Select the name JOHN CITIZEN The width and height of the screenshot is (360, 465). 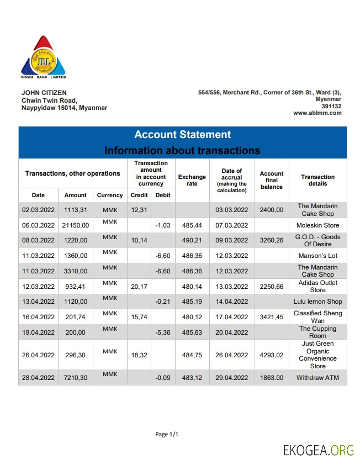point(44,93)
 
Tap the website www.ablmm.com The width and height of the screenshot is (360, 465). point(317,113)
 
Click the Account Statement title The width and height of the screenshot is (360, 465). point(182,135)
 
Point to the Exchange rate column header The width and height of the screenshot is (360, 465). point(192,180)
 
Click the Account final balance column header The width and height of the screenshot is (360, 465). point(271,180)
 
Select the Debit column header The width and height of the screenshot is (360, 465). point(163,195)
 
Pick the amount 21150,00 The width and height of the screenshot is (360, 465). point(75,225)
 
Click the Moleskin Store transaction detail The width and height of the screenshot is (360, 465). point(317,225)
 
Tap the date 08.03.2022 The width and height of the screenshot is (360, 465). point(38,241)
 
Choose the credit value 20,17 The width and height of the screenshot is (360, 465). point(139,287)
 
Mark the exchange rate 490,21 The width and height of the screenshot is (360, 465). point(192,241)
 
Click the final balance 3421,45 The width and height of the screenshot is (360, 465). point(271,317)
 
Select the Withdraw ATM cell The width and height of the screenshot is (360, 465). point(317,378)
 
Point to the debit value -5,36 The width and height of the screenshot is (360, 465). point(163,332)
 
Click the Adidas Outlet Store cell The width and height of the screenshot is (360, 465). point(317,286)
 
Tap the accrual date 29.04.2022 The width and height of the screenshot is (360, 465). point(232,378)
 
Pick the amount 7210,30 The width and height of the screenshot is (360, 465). point(75,378)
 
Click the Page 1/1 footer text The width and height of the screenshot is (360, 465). point(167,435)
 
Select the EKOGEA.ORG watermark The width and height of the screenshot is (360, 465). point(318,450)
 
